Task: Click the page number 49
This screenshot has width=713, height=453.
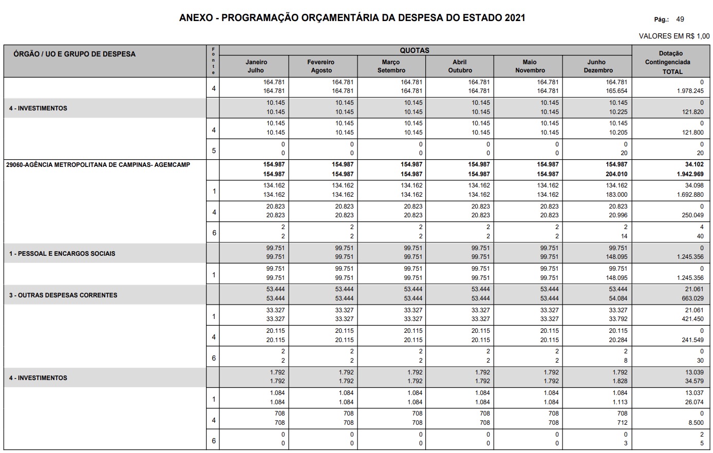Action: (x=680, y=20)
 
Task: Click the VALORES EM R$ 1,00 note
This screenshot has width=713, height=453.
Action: (x=674, y=36)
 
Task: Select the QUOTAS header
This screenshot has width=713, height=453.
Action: (x=414, y=50)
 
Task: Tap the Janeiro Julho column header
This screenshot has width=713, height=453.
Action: (x=256, y=66)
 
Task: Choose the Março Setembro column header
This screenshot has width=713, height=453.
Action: (x=391, y=66)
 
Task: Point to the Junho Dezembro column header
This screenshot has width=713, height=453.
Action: (x=597, y=66)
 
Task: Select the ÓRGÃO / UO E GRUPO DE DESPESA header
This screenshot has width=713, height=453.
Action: (x=74, y=54)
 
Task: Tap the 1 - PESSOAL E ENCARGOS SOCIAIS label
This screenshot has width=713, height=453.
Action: (x=62, y=254)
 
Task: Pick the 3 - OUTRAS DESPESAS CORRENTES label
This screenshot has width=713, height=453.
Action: (x=63, y=295)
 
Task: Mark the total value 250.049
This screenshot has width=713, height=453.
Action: (x=692, y=216)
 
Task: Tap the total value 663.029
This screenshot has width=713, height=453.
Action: (x=692, y=298)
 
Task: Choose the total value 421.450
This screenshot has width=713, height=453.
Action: (x=692, y=319)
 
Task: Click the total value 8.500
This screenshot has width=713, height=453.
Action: (x=696, y=423)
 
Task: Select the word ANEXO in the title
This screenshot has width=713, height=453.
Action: (x=195, y=18)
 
